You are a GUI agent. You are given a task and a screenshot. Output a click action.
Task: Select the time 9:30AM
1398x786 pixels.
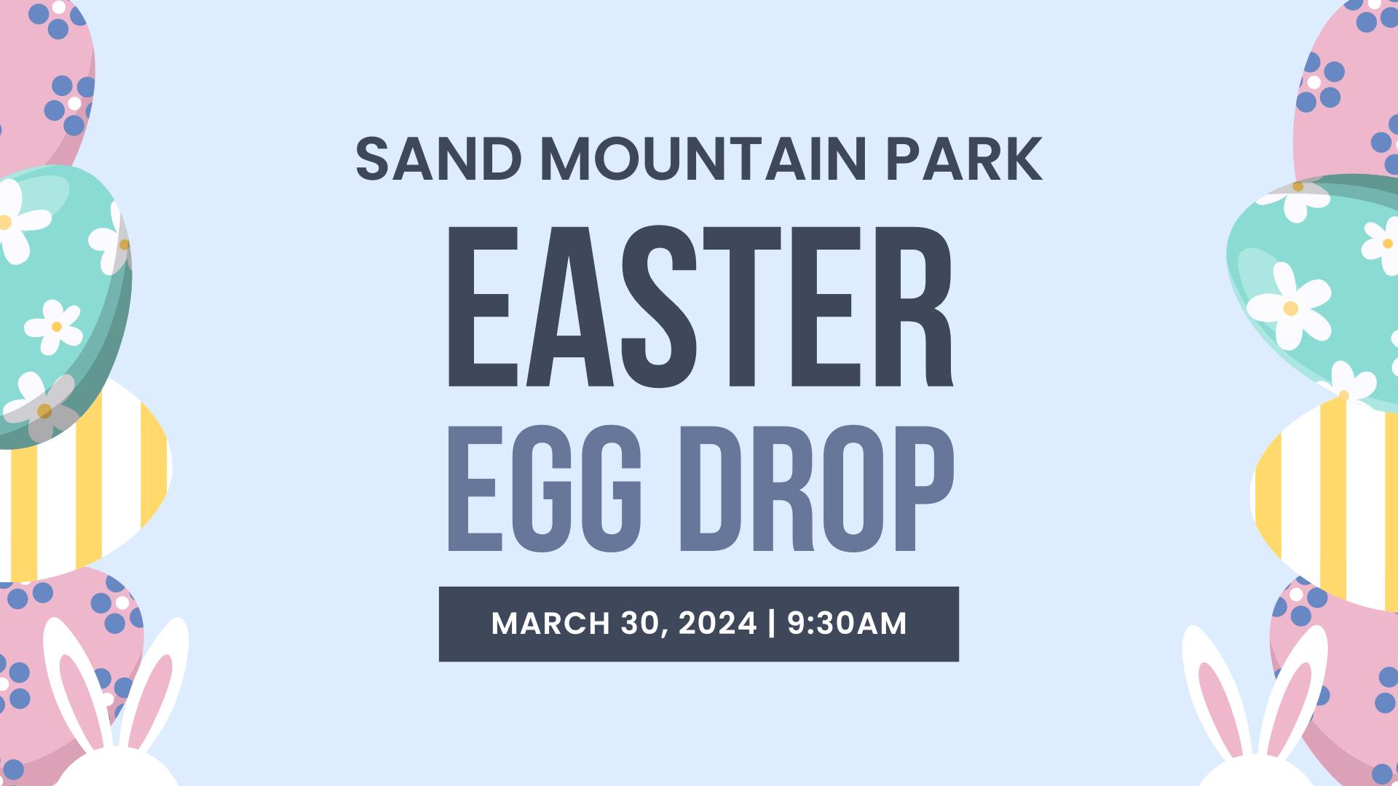[x=847, y=624]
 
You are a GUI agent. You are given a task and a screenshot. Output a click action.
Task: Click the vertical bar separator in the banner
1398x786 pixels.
[x=772, y=624]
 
